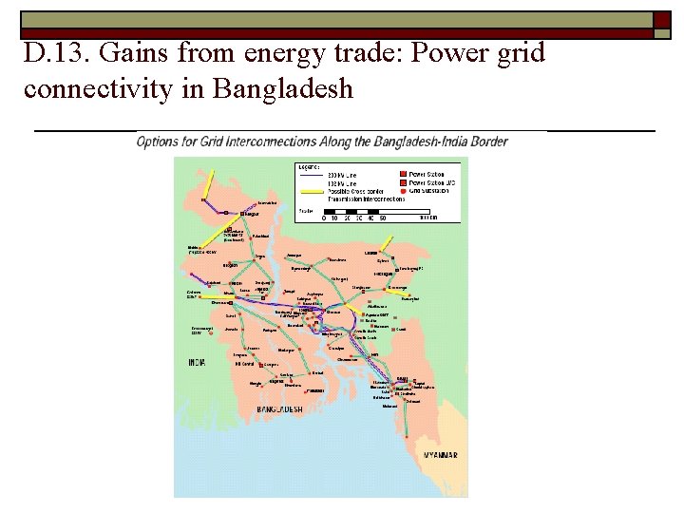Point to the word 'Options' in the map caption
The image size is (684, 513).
coord(160,142)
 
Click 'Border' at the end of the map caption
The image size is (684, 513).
coord(488,142)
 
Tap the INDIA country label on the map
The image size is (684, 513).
coord(197,362)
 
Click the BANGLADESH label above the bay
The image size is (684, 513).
coord(279,409)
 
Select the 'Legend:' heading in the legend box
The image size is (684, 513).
coord(310,166)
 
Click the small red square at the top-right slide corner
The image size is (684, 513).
coord(662,20)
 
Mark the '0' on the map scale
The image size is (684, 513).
coord(324,218)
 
